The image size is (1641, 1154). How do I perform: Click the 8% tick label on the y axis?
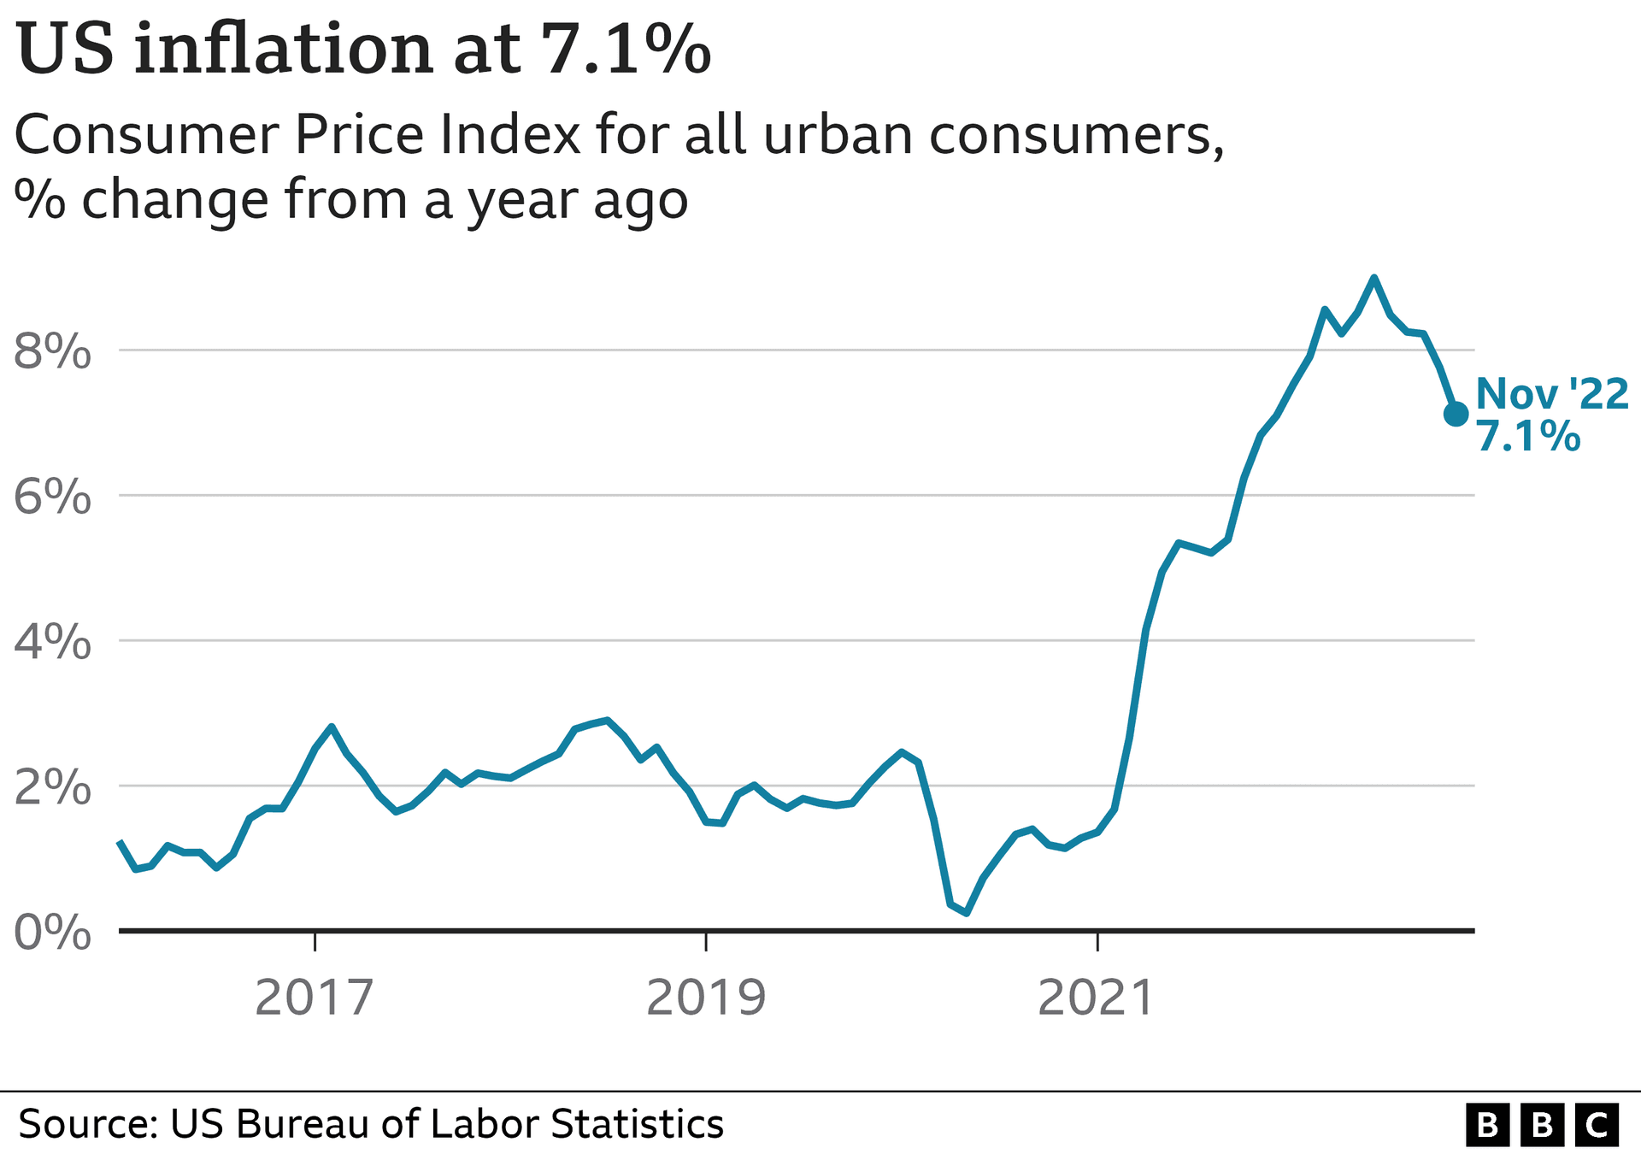pos(52,351)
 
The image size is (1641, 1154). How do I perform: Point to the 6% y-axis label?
pos(52,497)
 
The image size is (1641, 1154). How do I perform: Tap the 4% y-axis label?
pos(52,642)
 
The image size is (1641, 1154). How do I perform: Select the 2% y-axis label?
pos(52,787)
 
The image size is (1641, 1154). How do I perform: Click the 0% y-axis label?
pos(52,933)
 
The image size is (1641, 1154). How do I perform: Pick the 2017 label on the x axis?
pos(315,998)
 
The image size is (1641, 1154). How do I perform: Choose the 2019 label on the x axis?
pos(705,998)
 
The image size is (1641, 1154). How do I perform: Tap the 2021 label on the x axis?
pos(1097,998)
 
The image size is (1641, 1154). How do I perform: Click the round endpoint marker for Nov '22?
pos(1456,414)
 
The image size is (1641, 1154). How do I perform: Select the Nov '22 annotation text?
pos(1551,394)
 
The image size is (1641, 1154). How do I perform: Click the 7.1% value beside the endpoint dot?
pos(1528,437)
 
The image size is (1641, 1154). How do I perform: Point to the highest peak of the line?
pos(1373,278)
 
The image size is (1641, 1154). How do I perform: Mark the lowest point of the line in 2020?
pos(966,913)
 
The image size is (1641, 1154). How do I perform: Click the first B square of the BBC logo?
pos(1488,1125)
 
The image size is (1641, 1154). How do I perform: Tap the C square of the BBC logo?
pos(1596,1125)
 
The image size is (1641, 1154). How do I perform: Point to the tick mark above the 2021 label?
pos(1097,940)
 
